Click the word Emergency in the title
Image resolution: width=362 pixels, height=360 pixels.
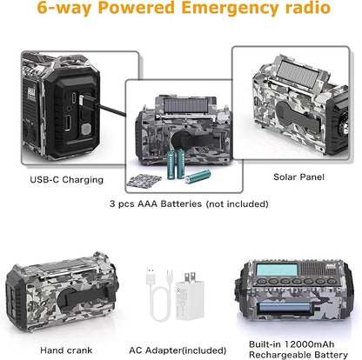coord(230,8)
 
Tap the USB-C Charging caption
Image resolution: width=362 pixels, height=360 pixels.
coord(66,180)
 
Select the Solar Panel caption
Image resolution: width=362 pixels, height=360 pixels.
coord(298,177)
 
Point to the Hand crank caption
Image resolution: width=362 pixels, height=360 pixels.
coord(66,350)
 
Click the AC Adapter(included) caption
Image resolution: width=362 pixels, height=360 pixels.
coord(178,350)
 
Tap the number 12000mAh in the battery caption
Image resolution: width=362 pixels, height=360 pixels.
coord(309,344)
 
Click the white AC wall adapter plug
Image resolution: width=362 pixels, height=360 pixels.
coord(189,295)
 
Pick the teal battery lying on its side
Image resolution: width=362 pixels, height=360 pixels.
coord(198,177)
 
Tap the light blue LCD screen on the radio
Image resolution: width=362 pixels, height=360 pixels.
coord(278,270)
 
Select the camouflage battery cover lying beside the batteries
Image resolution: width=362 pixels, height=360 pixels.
coord(144,181)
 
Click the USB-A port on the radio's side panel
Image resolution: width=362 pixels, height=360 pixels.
coord(68,123)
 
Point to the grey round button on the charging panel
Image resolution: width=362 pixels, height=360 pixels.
coord(85,130)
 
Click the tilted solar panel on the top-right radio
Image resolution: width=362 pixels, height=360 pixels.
coord(298,72)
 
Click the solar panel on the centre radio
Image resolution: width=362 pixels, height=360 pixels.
coord(185,105)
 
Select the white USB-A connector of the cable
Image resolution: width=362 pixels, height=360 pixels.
coord(151,275)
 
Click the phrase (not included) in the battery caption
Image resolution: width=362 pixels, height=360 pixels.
coord(237,203)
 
